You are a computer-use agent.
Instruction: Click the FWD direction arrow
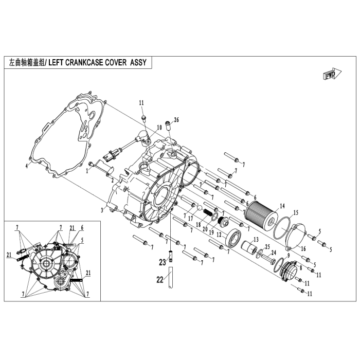pos(332,74)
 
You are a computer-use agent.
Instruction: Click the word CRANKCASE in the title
pos(83,62)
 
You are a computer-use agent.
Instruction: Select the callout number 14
pos(282,206)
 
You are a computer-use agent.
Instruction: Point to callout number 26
pos(176,120)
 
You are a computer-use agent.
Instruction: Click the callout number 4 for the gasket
pos(27,166)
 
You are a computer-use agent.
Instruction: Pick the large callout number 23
pos(163,262)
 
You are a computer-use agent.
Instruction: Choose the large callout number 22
pos(160,279)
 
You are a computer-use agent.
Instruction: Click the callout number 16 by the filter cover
pos(303,248)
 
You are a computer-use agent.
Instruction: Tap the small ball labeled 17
pos(200,208)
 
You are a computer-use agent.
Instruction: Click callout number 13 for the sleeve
pos(256,240)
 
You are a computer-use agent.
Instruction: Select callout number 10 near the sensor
pos(159,127)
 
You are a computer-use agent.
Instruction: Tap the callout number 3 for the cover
pos(102,210)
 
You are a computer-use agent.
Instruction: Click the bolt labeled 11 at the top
pos(144,119)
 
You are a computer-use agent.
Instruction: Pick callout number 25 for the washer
pos(267,247)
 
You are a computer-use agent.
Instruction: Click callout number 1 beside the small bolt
pos(87,171)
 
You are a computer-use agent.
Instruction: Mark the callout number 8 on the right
pos(301,267)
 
